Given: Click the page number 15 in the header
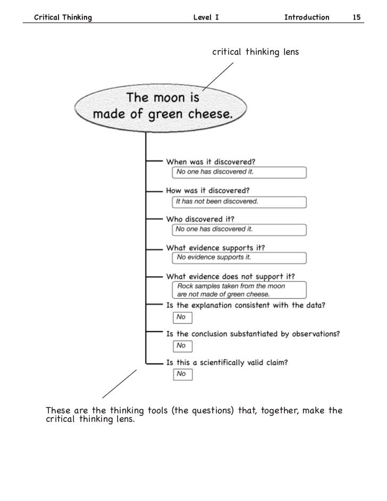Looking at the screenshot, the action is click(x=357, y=18).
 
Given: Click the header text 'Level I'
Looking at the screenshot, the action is click(x=206, y=18).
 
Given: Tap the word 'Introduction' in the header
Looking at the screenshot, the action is click(x=307, y=18).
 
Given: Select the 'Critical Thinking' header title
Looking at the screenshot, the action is click(x=63, y=18).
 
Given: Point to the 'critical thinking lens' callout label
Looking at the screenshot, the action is click(x=256, y=52).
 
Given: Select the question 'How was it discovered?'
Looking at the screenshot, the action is click(x=208, y=190).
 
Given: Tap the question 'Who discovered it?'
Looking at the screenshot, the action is click(x=200, y=219).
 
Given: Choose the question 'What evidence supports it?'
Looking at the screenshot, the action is click(x=215, y=248).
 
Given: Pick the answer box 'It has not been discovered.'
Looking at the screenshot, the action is click(x=239, y=202).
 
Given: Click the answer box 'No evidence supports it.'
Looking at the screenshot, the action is click(x=239, y=258).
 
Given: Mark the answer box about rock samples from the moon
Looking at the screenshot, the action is click(x=239, y=290).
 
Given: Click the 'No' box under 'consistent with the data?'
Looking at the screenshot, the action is click(x=182, y=317).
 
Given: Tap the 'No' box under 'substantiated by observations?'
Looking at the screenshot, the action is click(x=182, y=346).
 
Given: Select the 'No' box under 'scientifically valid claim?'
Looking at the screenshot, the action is click(x=182, y=374).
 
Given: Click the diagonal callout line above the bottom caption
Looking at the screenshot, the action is click(x=119, y=384).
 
